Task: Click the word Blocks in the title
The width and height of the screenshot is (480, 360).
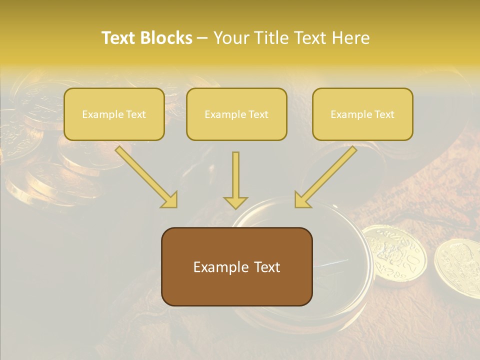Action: [166, 38]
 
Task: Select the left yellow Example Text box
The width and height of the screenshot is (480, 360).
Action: [114, 114]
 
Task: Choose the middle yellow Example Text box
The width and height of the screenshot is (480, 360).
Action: [236, 114]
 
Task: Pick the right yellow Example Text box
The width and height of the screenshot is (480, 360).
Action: [362, 114]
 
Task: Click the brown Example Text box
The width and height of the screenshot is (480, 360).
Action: [236, 266]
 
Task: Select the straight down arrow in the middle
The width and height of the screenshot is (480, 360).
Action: [235, 177]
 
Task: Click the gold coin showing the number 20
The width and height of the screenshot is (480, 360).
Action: [394, 255]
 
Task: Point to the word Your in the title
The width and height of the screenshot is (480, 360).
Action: [230, 38]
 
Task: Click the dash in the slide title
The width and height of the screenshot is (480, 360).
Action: [202, 38]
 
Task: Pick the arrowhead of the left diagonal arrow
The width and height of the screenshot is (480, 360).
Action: [170, 200]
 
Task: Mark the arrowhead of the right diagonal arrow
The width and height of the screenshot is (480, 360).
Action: [301, 200]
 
